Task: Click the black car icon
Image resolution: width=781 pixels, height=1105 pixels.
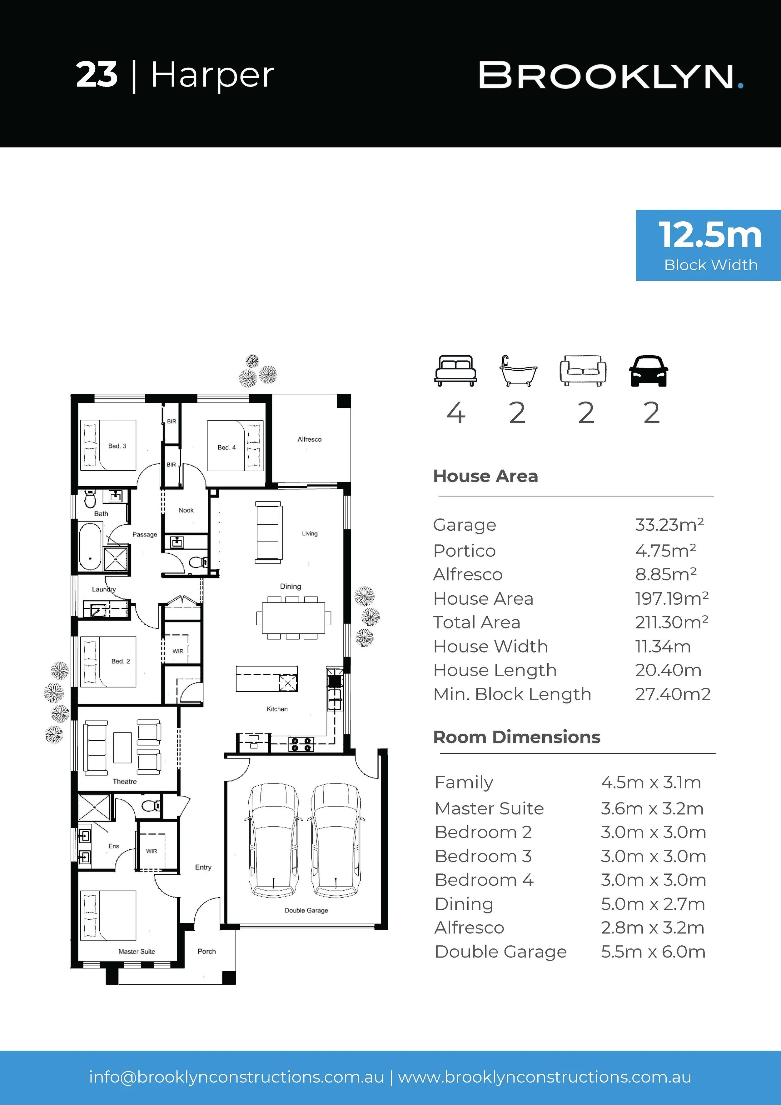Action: [648, 371]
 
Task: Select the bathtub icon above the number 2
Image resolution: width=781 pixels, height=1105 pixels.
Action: [518, 371]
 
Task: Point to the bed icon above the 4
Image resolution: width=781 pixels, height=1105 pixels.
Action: [456, 371]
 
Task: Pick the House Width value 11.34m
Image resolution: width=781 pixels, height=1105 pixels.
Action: [663, 646]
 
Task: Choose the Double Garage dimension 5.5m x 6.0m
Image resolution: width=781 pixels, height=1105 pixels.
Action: [653, 952]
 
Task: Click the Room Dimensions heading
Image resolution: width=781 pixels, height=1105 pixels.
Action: [517, 737]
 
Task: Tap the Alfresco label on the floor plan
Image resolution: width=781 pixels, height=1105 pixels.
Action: [309, 439]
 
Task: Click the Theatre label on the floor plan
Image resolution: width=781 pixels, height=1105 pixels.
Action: [125, 782]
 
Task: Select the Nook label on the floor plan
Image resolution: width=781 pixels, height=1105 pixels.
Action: [186, 510]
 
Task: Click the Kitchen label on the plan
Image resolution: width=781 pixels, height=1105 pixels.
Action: [277, 709]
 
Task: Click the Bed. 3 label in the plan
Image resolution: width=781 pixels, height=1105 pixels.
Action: [117, 446]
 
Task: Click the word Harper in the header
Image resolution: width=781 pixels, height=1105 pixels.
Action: [212, 76]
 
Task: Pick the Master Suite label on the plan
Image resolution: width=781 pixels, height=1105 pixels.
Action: [137, 952]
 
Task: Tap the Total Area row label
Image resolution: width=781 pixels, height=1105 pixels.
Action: [477, 622]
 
